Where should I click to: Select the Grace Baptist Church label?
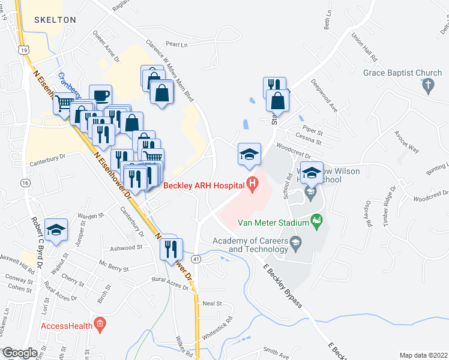pos(402,73)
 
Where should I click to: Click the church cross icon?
pos(429,86)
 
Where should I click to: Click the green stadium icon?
pos(318,223)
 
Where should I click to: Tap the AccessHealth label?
pos(66,326)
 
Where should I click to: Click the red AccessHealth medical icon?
pos(100,326)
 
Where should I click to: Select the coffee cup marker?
pos(100,95)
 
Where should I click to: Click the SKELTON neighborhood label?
pos(55,20)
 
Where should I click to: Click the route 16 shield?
pos(25,182)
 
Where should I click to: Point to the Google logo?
pos(20,352)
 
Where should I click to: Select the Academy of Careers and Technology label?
pos(250,245)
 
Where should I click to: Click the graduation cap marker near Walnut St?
pos(56,230)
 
